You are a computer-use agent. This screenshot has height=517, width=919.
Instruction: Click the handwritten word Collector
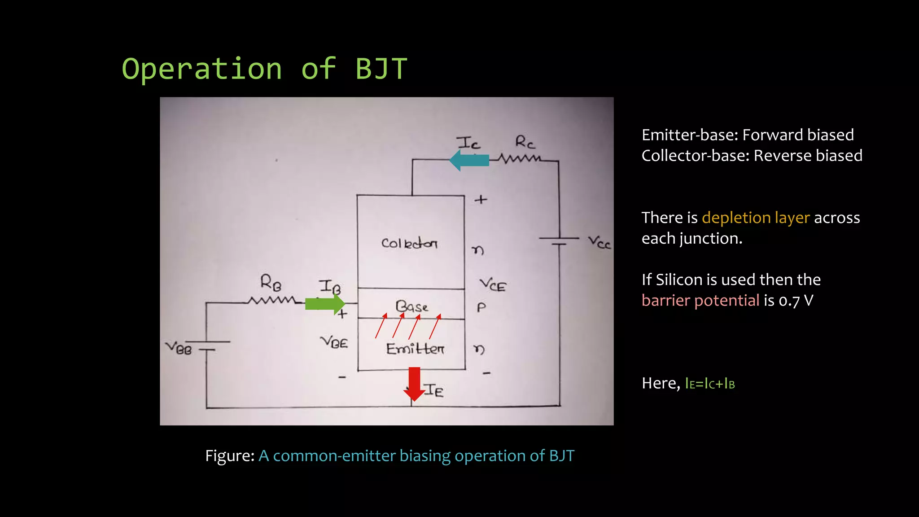[x=409, y=243]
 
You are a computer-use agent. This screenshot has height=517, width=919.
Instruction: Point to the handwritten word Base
[x=411, y=307]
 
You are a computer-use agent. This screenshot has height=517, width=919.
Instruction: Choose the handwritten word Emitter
[x=415, y=349]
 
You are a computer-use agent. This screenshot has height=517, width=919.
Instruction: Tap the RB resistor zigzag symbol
[x=271, y=300]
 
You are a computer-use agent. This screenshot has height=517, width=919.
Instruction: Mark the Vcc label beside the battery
[x=599, y=243]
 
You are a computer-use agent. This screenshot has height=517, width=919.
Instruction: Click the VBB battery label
[x=179, y=348]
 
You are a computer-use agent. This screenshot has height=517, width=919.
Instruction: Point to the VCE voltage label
[x=493, y=285]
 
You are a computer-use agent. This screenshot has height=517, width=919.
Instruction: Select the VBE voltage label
[x=334, y=342]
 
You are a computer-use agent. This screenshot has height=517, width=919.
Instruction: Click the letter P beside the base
[x=481, y=307]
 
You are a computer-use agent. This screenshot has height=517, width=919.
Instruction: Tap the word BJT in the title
[x=381, y=69]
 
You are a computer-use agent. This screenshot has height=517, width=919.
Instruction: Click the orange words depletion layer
[x=756, y=218]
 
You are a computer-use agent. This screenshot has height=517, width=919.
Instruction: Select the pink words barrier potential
[x=700, y=300]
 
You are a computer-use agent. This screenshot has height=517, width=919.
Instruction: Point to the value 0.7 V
[x=796, y=300]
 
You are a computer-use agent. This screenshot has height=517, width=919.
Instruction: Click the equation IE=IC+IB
[x=709, y=384]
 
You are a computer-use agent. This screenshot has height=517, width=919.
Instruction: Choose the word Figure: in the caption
[x=230, y=456]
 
